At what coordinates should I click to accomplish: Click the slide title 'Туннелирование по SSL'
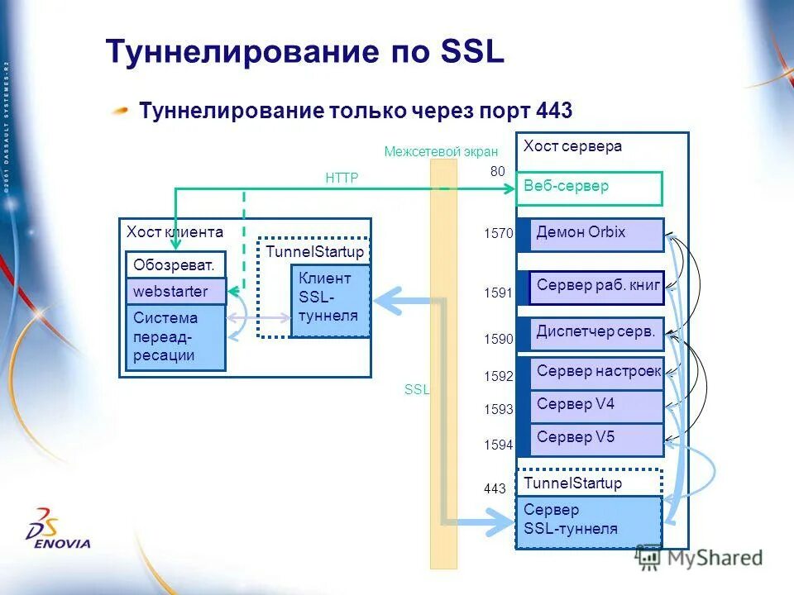(x=304, y=53)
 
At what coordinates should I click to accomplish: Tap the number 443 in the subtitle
(x=554, y=111)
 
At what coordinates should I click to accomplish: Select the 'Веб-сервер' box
(x=589, y=188)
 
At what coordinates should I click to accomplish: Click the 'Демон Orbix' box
(x=597, y=235)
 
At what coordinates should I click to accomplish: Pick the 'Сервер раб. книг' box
(x=597, y=288)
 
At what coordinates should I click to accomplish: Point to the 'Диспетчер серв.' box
(x=597, y=334)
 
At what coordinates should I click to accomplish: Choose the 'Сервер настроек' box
(x=597, y=373)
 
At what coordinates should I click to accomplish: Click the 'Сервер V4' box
(x=597, y=406)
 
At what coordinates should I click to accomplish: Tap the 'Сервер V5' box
(x=597, y=439)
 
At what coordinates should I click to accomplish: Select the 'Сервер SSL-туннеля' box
(x=588, y=521)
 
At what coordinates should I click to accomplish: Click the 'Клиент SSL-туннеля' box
(x=329, y=300)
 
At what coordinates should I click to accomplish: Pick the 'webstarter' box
(x=175, y=292)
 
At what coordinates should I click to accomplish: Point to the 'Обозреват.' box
(x=175, y=265)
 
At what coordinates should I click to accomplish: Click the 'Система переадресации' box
(x=175, y=336)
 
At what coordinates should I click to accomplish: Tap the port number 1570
(x=499, y=235)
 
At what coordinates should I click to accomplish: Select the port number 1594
(x=499, y=445)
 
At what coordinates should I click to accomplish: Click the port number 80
(x=498, y=171)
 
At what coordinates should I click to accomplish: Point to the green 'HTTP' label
(x=342, y=178)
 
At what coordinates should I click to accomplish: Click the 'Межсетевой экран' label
(x=441, y=151)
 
